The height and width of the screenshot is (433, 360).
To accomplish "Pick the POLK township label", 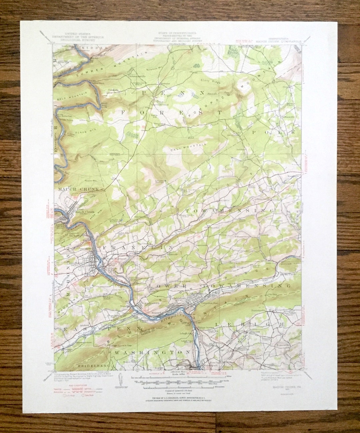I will (x=273, y=132).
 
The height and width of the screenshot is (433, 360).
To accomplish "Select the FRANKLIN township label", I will (x=138, y=248).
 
